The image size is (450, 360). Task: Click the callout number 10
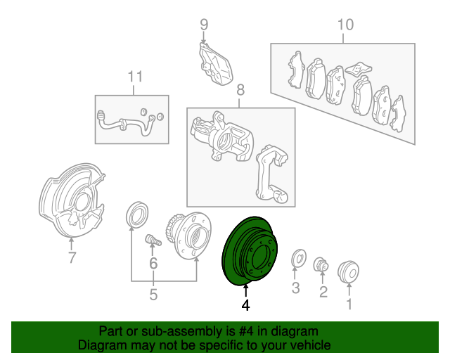point(345,25)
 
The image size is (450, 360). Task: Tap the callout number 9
point(204,25)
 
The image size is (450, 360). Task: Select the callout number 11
point(135,77)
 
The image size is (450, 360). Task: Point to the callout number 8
point(240,90)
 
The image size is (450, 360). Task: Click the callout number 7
point(72,257)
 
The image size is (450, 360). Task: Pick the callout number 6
point(153,263)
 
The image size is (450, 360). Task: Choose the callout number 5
point(153,295)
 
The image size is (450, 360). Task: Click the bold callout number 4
point(245,305)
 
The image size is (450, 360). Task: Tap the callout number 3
point(295,288)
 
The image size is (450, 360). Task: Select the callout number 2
point(323,292)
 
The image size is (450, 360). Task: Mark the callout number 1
point(349,304)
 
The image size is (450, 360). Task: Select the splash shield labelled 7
point(72,200)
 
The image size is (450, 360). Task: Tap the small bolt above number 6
point(153,240)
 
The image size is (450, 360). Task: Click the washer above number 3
point(299,258)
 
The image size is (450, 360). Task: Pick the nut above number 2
point(321,264)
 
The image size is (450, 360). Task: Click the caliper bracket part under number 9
point(215,64)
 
